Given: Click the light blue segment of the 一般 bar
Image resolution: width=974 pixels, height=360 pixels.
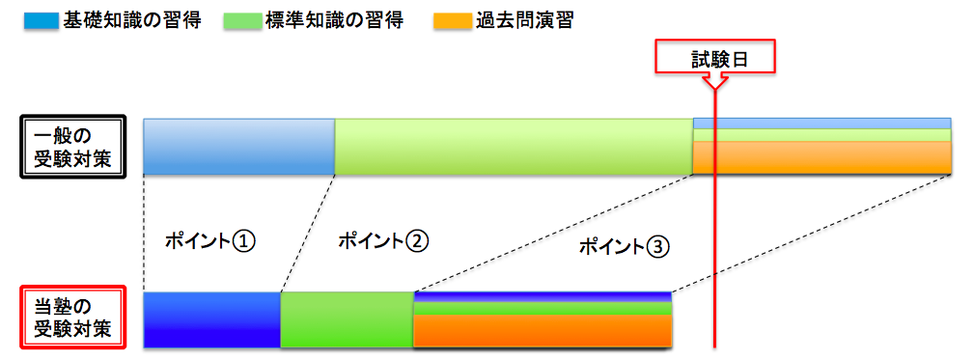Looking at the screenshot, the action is point(238,147).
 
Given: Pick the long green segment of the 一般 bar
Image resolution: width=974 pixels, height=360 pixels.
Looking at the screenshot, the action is point(514,147).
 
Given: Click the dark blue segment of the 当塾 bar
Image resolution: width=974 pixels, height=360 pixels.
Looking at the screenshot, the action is point(211,319).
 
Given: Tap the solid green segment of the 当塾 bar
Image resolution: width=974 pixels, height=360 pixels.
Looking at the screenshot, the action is point(347,319).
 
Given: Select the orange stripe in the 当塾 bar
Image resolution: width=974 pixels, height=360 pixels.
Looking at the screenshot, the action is point(542,331).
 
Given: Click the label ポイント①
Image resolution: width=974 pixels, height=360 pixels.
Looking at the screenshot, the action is point(209,240).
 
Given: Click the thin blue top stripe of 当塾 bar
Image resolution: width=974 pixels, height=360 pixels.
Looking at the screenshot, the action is point(542,296).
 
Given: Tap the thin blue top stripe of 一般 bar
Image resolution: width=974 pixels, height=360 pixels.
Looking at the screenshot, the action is point(822,124).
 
